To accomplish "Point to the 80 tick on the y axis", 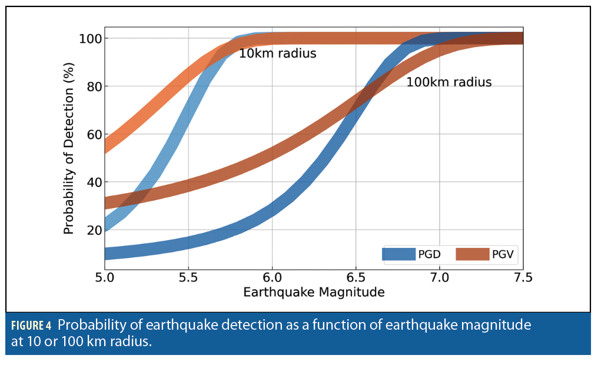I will click(91, 87).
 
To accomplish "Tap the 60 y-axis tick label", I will click(91, 134).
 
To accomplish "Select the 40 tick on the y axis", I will click(91, 182).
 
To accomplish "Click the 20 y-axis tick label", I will click(91, 230).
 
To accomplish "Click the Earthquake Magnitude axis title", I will click(314, 293).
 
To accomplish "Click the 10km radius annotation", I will click(277, 54).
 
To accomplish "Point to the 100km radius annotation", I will click(448, 82).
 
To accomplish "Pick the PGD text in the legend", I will click(429, 254).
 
